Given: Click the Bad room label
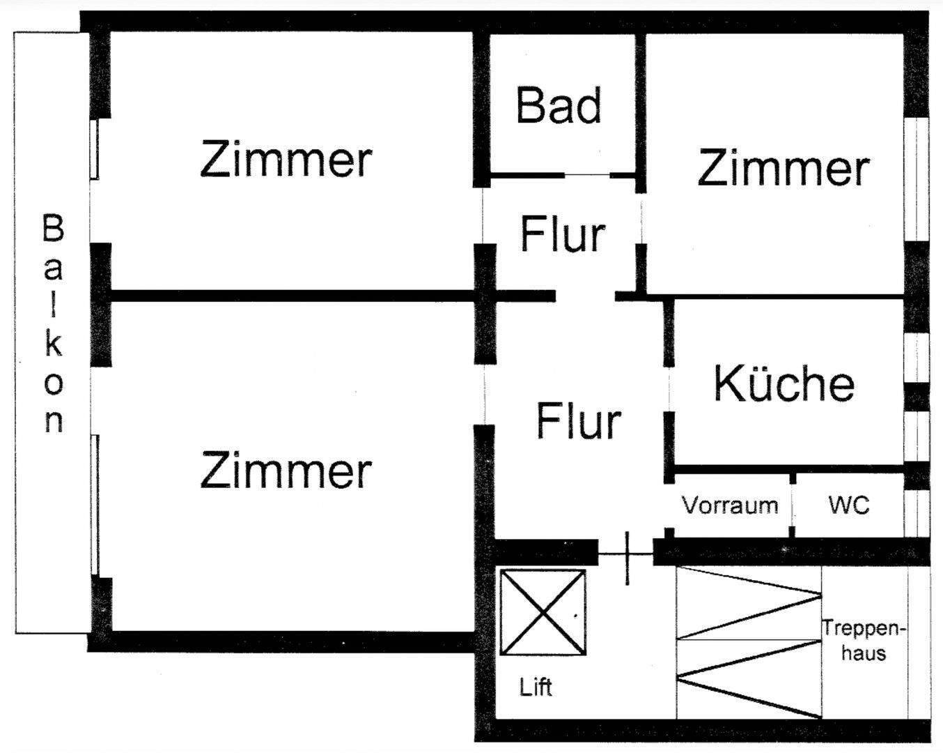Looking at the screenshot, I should pyautogui.click(x=559, y=106).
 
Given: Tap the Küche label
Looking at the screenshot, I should pyautogui.click(x=784, y=383).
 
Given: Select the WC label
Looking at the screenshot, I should pyautogui.click(x=849, y=504).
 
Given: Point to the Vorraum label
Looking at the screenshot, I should pyautogui.click(x=730, y=505).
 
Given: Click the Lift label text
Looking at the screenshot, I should pyautogui.click(x=536, y=687).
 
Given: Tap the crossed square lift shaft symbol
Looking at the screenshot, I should pyautogui.click(x=543, y=613).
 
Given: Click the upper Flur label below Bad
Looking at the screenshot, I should pyautogui.click(x=563, y=234).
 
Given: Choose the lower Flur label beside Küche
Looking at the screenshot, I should pyautogui.click(x=578, y=421).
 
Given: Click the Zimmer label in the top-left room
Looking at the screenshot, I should pyautogui.click(x=286, y=159).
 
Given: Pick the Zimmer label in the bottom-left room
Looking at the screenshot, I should pyautogui.click(x=286, y=470).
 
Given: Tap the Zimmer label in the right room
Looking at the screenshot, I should pyautogui.click(x=784, y=168).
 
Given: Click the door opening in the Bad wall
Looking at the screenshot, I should pyautogui.click(x=586, y=174).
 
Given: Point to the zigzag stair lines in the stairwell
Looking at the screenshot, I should pyautogui.click(x=749, y=641).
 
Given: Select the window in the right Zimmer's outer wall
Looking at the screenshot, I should pyautogui.click(x=917, y=180).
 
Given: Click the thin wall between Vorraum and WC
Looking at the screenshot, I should pyautogui.click(x=793, y=505).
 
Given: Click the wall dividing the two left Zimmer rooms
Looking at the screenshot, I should pyautogui.click(x=293, y=296).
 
